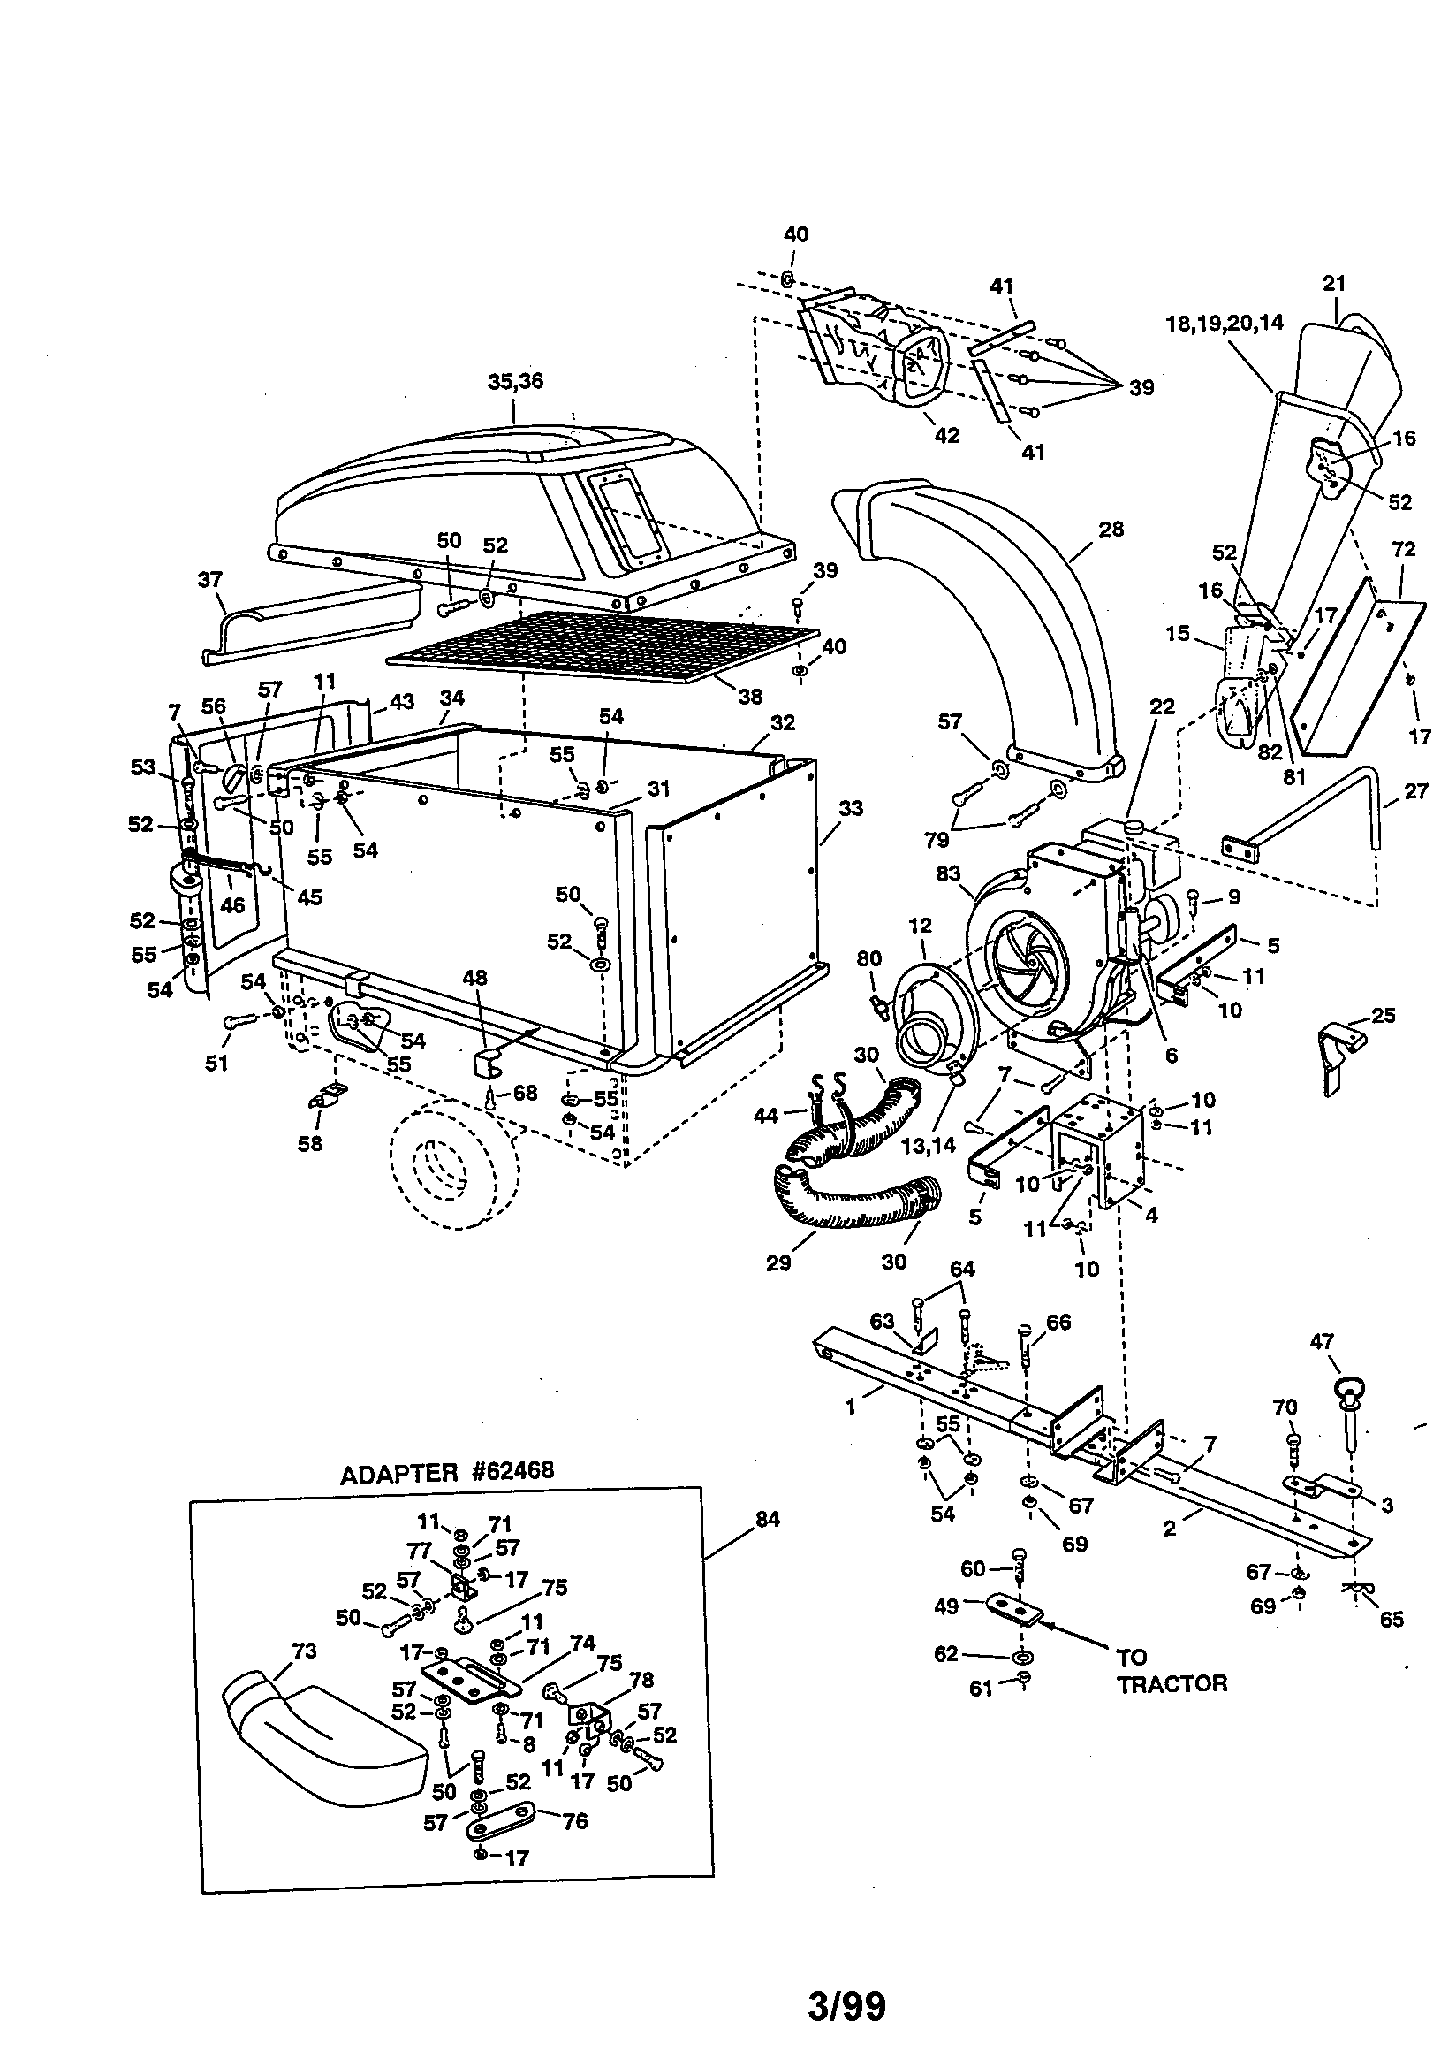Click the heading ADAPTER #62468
point(446,1473)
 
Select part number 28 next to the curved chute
point(1111,530)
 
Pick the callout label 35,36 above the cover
point(516,382)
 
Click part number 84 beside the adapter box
point(767,1520)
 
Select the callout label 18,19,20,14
point(1225,324)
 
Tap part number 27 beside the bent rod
point(1415,791)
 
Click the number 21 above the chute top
point(1333,284)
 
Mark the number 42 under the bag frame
point(947,435)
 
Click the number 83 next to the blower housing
point(948,873)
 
